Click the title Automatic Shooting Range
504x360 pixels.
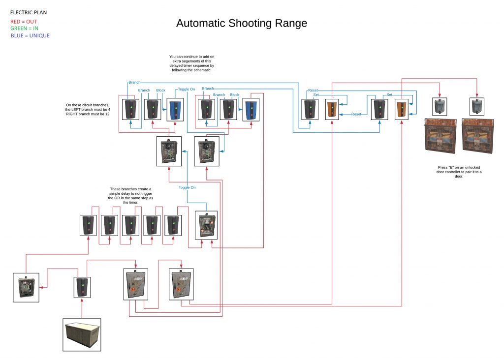241,23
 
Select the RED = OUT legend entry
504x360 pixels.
24,22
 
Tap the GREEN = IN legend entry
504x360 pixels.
25,29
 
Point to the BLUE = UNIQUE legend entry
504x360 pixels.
30,35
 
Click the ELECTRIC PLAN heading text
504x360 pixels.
29,12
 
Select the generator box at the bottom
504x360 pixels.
82,335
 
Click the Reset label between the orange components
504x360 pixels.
356,114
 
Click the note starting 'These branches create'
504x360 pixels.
131,196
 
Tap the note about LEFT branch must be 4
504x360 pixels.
88,109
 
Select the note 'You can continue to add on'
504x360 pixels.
191,64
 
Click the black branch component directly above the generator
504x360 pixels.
82,287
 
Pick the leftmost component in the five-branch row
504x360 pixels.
89,225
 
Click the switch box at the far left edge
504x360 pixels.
26,287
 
